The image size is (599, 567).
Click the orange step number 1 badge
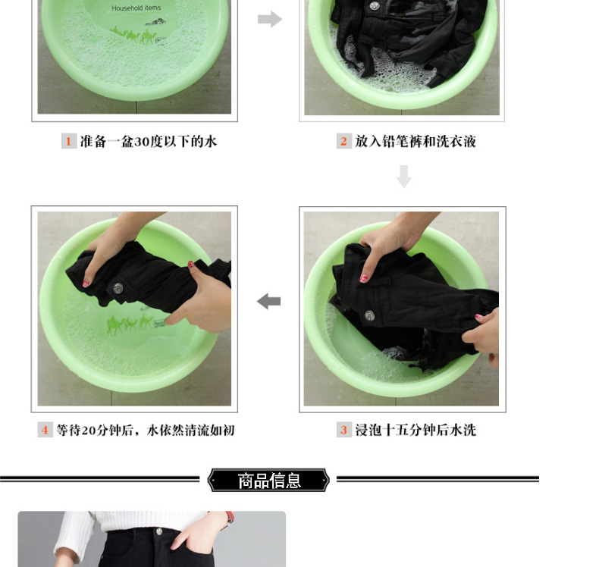69,141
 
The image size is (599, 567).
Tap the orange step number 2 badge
343,141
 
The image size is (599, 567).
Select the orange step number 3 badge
343,430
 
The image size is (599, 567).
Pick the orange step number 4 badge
45,430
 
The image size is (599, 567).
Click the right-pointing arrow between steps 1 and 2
270,19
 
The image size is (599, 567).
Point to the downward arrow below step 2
404,177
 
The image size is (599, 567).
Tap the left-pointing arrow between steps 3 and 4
268,301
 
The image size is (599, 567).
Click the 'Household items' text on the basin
136,8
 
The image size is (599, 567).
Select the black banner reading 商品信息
268,480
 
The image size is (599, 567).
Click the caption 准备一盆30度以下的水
149,141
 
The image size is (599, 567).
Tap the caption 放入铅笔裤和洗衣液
416,141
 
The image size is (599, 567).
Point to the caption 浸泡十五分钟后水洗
416,430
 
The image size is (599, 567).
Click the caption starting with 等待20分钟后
146,430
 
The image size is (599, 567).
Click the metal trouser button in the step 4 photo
118,289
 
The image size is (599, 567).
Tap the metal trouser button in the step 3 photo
369,315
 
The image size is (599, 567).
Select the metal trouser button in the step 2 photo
375,5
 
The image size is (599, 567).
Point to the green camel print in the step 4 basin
130,324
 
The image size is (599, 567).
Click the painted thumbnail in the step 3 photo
364,279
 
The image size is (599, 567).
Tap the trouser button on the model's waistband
159,531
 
